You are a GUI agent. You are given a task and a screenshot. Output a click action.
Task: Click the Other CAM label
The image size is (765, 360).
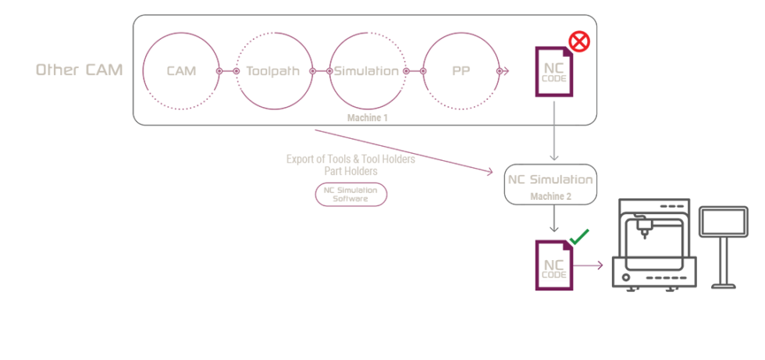click(x=80, y=70)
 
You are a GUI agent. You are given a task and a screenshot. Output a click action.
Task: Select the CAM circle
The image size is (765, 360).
click(x=181, y=71)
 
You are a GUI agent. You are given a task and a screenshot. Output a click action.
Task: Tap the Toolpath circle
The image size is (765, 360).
click(x=272, y=71)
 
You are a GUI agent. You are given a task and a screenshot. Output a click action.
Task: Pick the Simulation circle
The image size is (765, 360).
click(x=367, y=71)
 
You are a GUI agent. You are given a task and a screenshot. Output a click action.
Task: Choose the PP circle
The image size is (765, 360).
click(x=461, y=71)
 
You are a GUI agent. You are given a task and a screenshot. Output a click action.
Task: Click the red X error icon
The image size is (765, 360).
click(x=578, y=41)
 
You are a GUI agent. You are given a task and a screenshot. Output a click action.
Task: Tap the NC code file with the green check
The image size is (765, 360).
click(x=554, y=266)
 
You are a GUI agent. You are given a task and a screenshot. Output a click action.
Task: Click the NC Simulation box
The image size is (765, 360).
click(x=551, y=184)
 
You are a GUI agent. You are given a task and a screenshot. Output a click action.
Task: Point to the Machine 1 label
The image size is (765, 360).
click(x=368, y=117)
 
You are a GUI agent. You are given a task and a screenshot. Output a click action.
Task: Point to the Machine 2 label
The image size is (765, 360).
click(x=551, y=196)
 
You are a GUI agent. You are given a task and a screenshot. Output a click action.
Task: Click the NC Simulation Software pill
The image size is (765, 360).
click(x=350, y=194)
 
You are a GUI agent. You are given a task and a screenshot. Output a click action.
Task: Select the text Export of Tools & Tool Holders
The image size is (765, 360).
click(x=350, y=159)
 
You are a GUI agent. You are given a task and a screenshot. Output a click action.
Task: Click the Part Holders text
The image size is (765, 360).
click(x=350, y=170)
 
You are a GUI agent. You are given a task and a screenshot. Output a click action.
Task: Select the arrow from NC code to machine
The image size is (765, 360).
click(x=591, y=266)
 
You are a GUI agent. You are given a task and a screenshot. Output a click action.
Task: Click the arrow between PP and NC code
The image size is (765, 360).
click(x=503, y=71)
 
